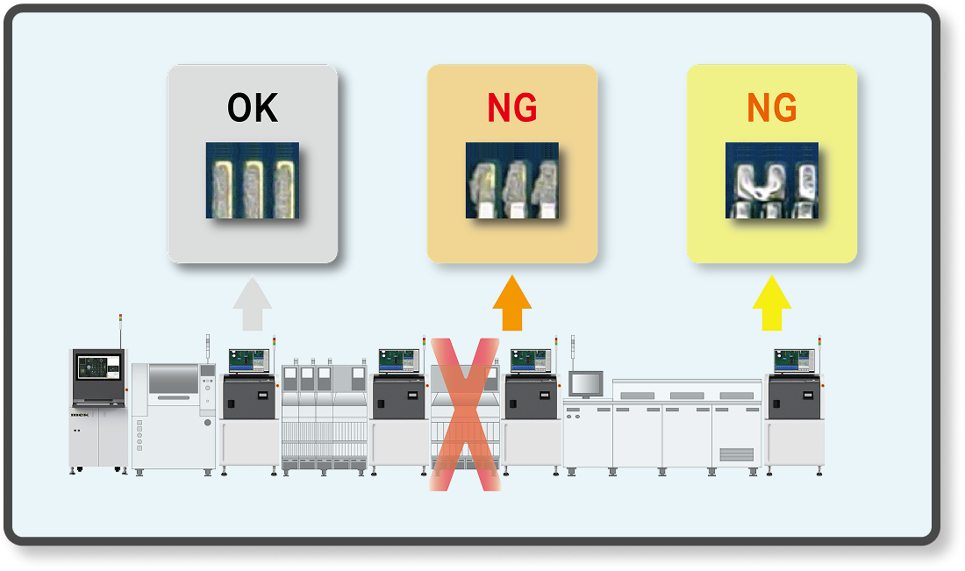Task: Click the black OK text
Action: (x=253, y=108)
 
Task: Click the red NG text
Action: (x=512, y=108)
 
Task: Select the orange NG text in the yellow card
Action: (x=772, y=108)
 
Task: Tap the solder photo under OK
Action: (x=253, y=180)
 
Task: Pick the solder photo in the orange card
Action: (x=512, y=180)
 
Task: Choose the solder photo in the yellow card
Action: (x=772, y=180)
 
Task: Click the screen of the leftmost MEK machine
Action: (x=97, y=367)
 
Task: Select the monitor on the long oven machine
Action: (x=586, y=383)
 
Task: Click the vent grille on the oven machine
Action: (x=736, y=453)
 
